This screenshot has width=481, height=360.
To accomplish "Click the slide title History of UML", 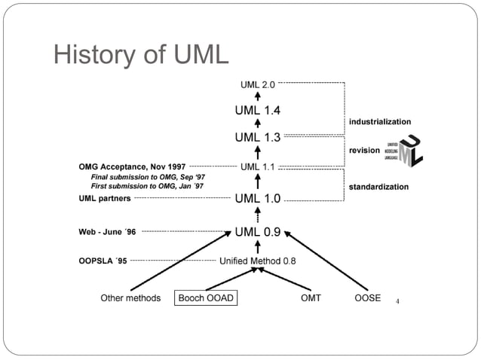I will click(x=140, y=54).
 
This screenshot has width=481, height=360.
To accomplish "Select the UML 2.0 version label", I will click(x=258, y=84).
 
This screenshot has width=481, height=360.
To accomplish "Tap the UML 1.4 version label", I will click(x=257, y=110).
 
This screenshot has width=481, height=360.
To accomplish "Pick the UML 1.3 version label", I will click(x=257, y=137).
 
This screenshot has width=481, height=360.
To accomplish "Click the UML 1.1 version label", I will click(x=257, y=166).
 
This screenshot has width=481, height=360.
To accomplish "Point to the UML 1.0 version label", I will click(x=257, y=199).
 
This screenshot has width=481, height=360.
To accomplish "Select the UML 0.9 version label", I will click(x=257, y=232).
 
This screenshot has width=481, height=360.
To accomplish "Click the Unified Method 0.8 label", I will click(x=257, y=261).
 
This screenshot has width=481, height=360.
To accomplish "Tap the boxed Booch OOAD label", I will click(x=206, y=298).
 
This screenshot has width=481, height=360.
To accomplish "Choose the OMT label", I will click(x=310, y=298).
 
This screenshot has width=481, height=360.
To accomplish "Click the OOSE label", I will click(x=367, y=298).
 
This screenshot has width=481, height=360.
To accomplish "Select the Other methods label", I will click(x=130, y=298).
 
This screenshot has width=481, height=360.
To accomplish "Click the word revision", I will click(x=364, y=151).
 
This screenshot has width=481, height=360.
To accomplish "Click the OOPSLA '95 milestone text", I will click(x=103, y=261).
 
